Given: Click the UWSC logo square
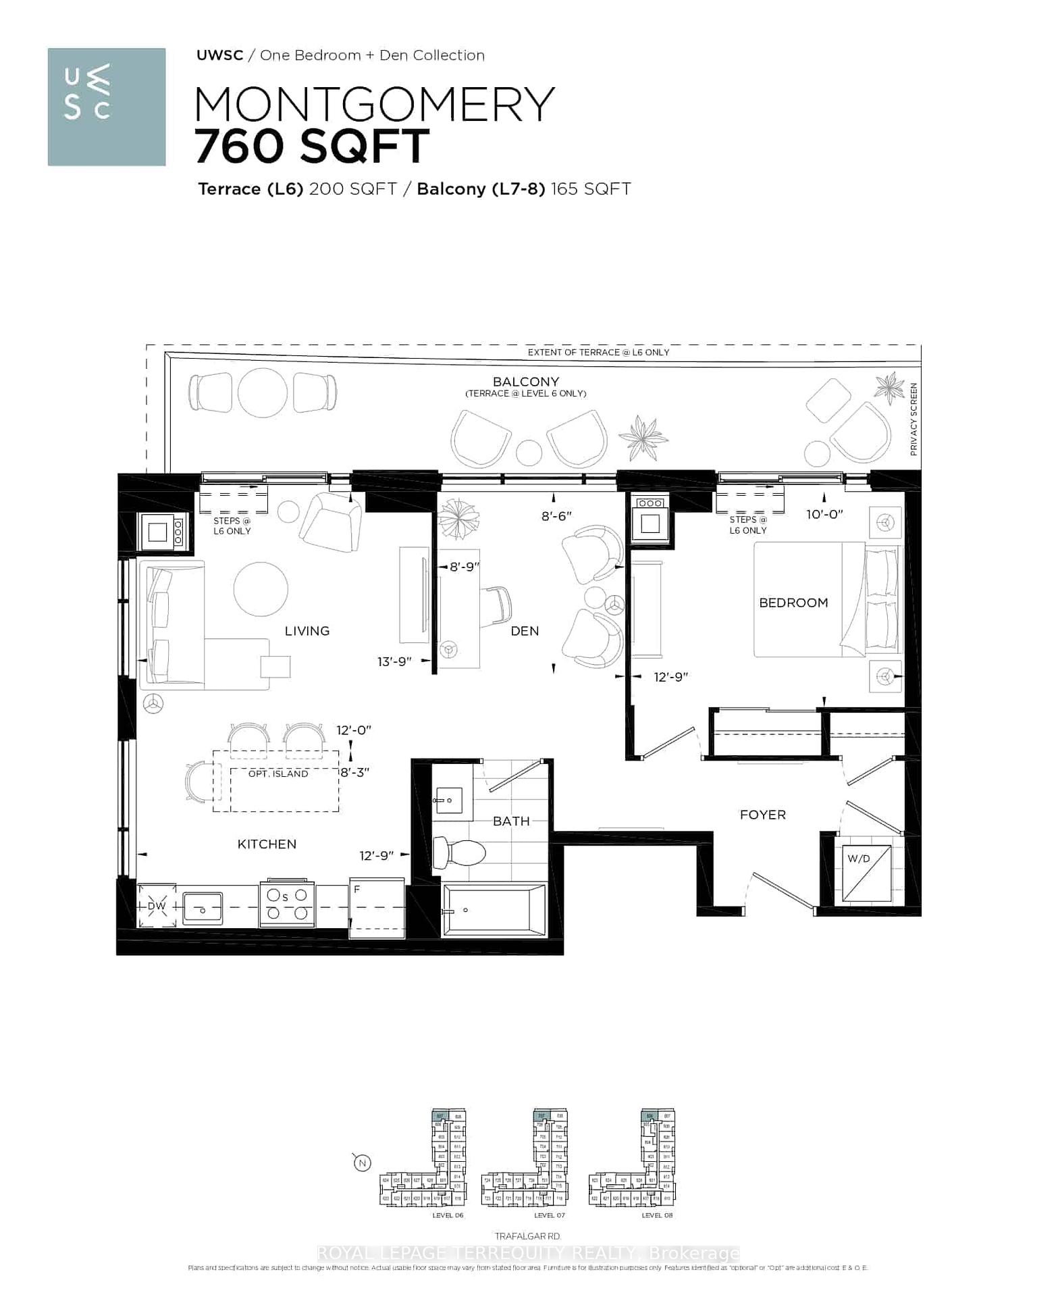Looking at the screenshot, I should tap(107, 107).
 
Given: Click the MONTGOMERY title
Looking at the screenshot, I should tap(374, 105).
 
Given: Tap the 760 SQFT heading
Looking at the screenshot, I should tap(312, 146).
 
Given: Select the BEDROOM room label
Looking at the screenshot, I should tap(793, 603).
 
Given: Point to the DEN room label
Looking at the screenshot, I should tap(525, 631).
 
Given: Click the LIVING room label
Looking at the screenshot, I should tap(307, 631).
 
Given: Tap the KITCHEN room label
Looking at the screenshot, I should tap(267, 844).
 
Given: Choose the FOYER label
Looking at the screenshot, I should tap(763, 815).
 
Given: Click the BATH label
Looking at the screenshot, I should tap(511, 821).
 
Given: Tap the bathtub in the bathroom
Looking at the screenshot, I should tap(494, 910).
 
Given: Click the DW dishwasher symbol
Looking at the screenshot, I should tap(157, 906).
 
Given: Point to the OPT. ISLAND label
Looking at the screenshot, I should tap(278, 773).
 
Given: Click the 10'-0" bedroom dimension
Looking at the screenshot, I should tap(824, 514).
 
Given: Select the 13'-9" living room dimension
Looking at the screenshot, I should tap(394, 661).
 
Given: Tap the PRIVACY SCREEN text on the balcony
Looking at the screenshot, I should tap(914, 419).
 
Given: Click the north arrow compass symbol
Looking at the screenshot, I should tap(363, 1163).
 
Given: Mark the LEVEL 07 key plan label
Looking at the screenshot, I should tap(549, 1215).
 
